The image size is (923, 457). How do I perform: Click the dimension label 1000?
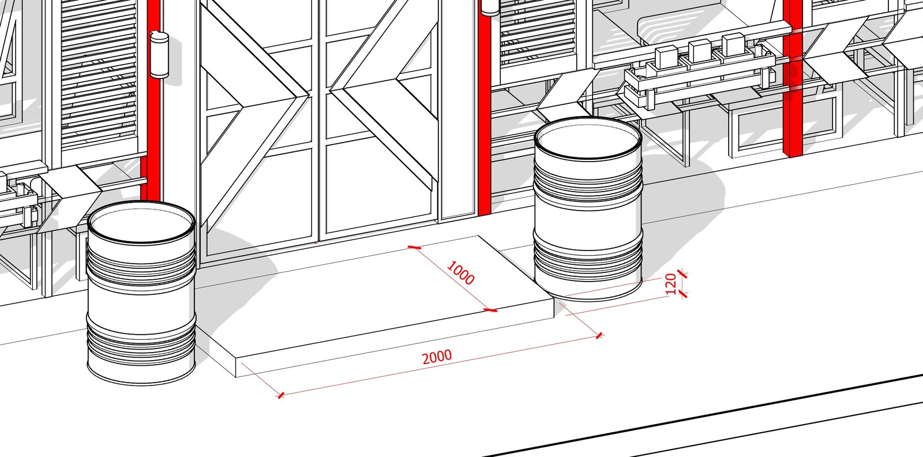461,273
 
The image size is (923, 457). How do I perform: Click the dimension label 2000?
437,357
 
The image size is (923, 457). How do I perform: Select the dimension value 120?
671,283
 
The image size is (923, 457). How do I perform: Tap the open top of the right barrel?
588,138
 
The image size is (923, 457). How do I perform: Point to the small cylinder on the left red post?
159,55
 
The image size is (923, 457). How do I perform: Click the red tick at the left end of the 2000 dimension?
280,396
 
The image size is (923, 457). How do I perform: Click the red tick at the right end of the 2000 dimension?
599,335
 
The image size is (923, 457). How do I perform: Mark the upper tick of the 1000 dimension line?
414,247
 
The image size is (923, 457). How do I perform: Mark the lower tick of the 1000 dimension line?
490,310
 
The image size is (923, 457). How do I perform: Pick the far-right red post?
793,78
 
